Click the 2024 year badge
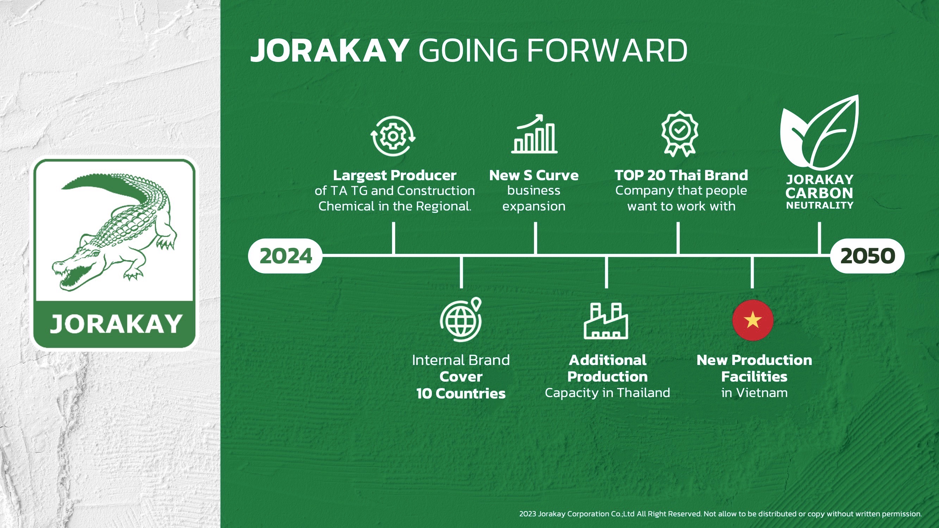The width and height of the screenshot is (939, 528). pyautogui.click(x=285, y=256)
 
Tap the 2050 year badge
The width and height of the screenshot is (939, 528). pyautogui.click(x=867, y=256)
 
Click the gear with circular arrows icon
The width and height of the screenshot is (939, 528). pyautogui.click(x=393, y=136)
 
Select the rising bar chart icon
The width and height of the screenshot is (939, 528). pyautogui.click(x=534, y=134)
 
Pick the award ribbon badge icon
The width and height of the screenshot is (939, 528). pyautogui.click(x=680, y=134)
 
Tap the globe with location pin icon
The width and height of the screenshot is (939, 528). pyautogui.click(x=461, y=320)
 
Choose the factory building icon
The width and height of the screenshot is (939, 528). pyautogui.click(x=606, y=321)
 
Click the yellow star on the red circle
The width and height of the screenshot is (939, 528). pyautogui.click(x=753, y=321)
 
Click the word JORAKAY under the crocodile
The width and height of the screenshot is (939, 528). pyautogui.click(x=116, y=324)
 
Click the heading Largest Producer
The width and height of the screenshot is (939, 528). pyautogui.click(x=394, y=175)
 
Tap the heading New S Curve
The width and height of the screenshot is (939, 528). pyautogui.click(x=534, y=175)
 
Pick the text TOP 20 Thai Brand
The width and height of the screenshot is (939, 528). pyautogui.click(x=681, y=175)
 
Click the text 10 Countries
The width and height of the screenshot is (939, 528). pyautogui.click(x=461, y=393)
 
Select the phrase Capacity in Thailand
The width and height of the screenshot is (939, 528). pyautogui.click(x=607, y=393)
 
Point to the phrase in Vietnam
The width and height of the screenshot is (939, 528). pyautogui.click(x=754, y=393)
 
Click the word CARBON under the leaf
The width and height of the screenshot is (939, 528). pyautogui.click(x=820, y=193)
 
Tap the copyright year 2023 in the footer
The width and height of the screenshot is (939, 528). pyautogui.click(x=528, y=514)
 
